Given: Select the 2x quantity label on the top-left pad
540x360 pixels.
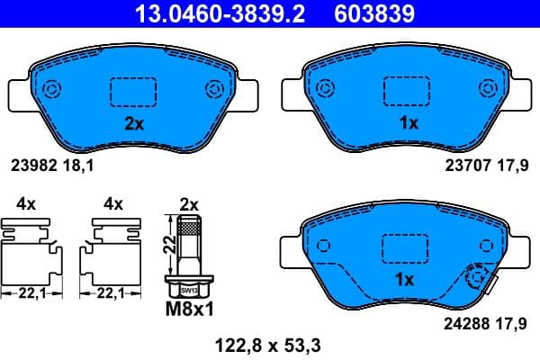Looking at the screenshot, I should tap(133, 124).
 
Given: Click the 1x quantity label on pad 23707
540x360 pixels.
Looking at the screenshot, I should tap(408, 124).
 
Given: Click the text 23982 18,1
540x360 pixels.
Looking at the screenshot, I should tap(52, 165).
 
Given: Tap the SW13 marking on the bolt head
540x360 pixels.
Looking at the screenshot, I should tap(188, 290).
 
